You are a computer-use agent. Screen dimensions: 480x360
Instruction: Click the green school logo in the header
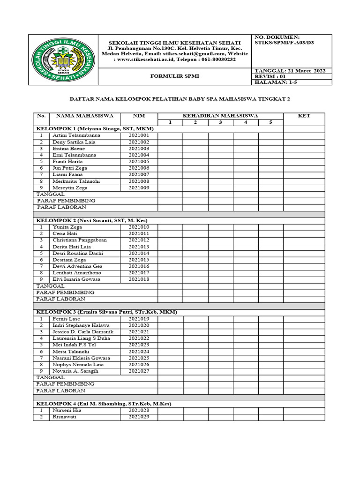pyautogui.click(x=63, y=60)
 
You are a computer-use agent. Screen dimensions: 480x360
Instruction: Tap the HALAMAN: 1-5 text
pyautogui.click(x=277, y=82)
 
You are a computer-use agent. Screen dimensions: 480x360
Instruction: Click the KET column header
pyautogui.click(x=304, y=116)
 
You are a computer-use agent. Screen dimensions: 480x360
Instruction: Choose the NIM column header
pyautogui.click(x=139, y=116)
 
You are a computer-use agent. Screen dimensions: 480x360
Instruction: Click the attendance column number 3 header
pyautogui.click(x=220, y=122)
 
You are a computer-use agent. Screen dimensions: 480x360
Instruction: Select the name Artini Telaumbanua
pyautogui.click(x=76, y=135)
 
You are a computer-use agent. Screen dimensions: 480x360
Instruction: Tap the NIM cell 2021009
pyautogui.click(x=139, y=187)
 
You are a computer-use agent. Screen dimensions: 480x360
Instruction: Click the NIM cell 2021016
pyautogui.click(x=139, y=266)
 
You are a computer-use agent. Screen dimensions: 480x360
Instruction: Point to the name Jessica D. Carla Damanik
pyautogui.click(x=83, y=331)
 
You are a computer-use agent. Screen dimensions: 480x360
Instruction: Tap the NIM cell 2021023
pyautogui.click(x=139, y=345)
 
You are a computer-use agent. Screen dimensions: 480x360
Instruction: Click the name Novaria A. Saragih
pyautogui.click(x=76, y=371)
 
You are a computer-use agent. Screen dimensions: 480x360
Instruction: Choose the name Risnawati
pyautogui.click(x=65, y=417)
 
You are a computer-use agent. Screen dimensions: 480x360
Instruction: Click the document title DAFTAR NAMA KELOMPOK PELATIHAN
pyautogui.click(x=180, y=99)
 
